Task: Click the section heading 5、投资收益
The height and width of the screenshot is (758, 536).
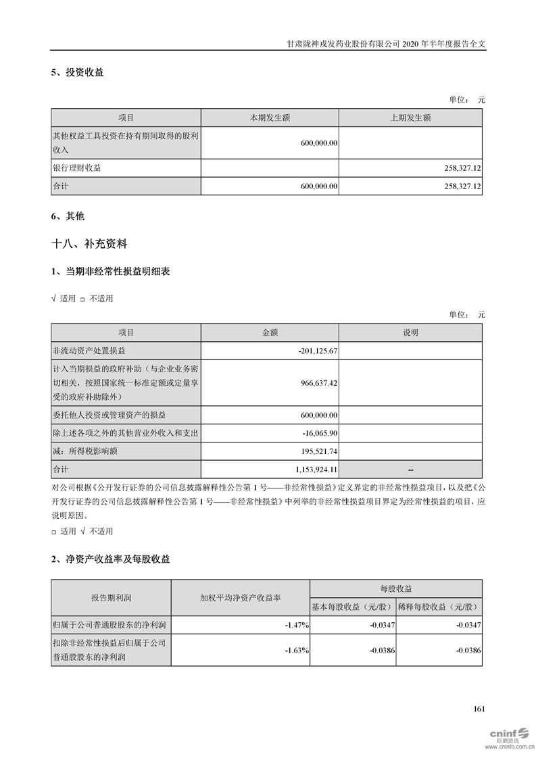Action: (x=77, y=72)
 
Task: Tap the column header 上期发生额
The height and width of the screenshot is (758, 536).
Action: (x=410, y=118)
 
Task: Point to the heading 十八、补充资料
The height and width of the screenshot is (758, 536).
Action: (x=89, y=244)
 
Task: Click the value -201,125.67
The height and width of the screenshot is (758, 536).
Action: (x=317, y=351)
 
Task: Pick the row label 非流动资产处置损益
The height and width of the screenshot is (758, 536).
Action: (x=89, y=351)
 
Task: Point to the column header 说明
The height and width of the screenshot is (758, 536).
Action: (x=410, y=332)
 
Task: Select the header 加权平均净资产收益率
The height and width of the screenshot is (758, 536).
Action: (x=240, y=598)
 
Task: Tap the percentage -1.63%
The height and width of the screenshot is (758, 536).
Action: (x=297, y=651)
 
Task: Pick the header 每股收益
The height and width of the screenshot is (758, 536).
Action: (x=396, y=588)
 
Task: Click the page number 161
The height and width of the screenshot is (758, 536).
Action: (x=479, y=709)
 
